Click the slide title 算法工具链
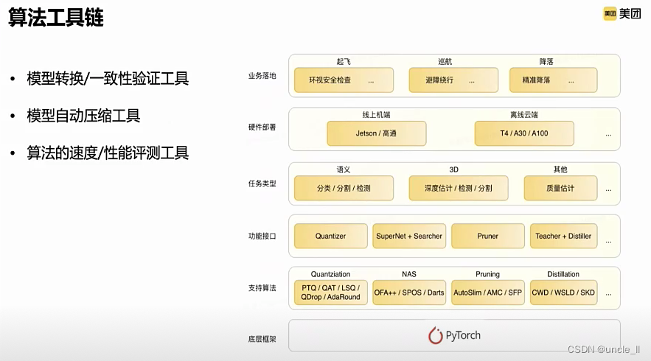pyautogui.click(x=56, y=18)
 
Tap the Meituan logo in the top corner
pyautogui.click(x=622, y=13)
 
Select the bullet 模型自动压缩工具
pyautogui.click(x=83, y=116)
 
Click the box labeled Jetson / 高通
pyautogui.click(x=376, y=133)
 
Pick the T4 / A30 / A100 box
pyautogui.click(x=523, y=133)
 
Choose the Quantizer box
pyautogui.click(x=330, y=236)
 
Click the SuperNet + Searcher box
pyautogui.click(x=409, y=236)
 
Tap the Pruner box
pyautogui.click(x=487, y=236)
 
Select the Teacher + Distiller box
pyautogui.click(x=563, y=236)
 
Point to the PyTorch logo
pyautogui.click(x=454, y=335)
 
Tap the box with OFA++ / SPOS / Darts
pyautogui.click(x=409, y=292)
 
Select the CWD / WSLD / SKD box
pyautogui.click(x=563, y=292)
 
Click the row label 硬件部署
pyautogui.click(x=262, y=127)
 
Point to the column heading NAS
pyautogui.click(x=409, y=274)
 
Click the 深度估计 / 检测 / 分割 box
pyautogui.click(x=458, y=188)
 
